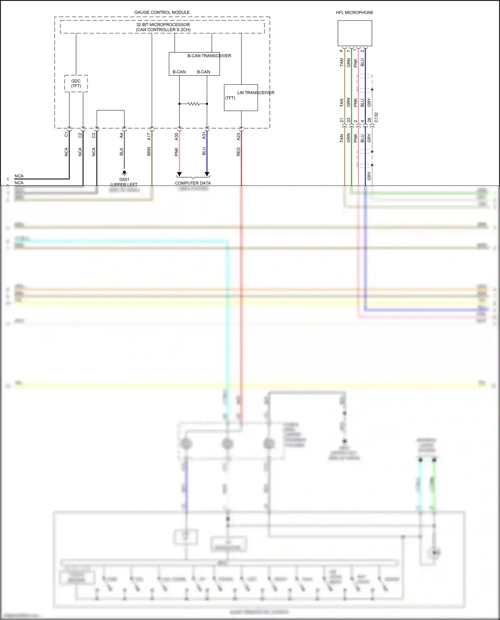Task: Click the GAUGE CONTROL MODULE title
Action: [x=162, y=12]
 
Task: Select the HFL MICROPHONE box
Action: [x=355, y=33]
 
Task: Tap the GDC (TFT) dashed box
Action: [x=76, y=84]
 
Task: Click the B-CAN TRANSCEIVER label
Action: [x=209, y=56]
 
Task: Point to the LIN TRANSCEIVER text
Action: [x=256, y=93]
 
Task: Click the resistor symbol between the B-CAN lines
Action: [x=193, y=104]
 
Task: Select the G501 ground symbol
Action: [x=124, y=173]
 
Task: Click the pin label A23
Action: [x=238, y=136]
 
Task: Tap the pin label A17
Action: [x=149, y=136]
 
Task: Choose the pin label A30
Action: [x=176, y=136]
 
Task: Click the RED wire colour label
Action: [x=238, y=152]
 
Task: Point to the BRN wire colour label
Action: [x=149, y=152]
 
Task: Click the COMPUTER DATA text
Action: [x=193, y=183]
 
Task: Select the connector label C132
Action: [x=376, y=117]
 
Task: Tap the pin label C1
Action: [x=66, y=135]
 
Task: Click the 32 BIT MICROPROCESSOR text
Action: [x=163, y=25]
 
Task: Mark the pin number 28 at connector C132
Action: [x=369, y=120]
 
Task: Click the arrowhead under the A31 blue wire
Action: [x=207, y=174]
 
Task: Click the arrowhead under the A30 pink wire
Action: [x=179, y=174]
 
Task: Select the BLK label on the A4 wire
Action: [x=121, y=152]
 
